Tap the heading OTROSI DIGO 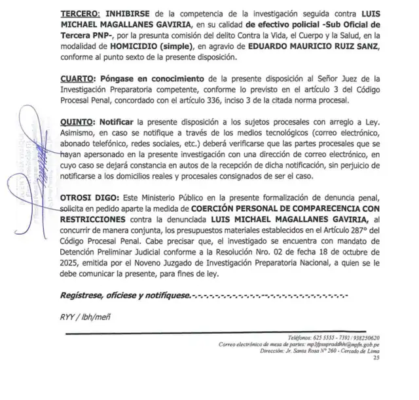tap(89, 197)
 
